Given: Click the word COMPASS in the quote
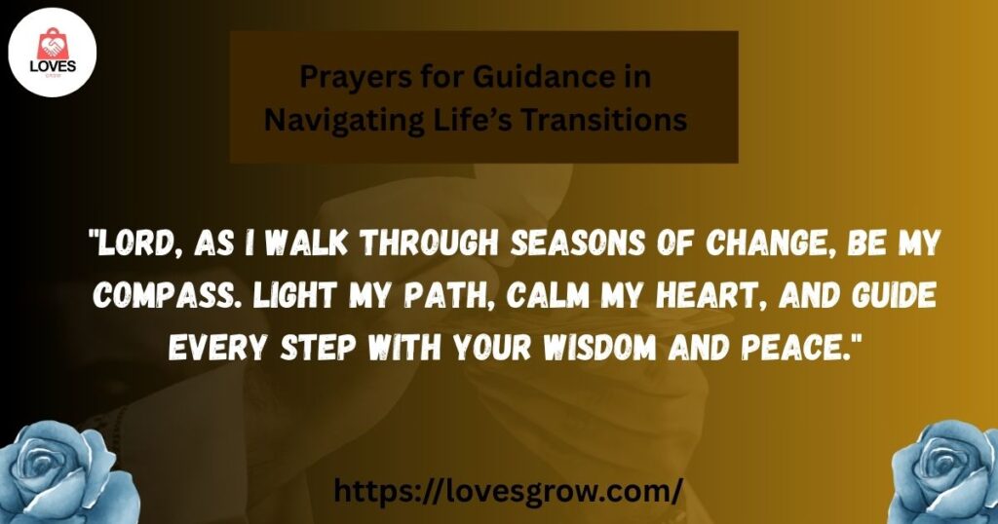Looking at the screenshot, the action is (169, 296).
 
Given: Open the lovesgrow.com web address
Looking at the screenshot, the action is (508, 490).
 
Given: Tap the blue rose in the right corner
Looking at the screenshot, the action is (944, 472).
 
